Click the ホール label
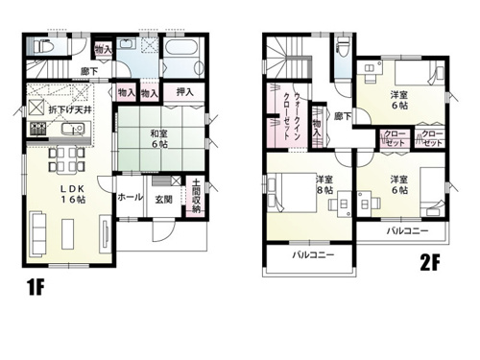point(130,198)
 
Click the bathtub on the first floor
point(180,48)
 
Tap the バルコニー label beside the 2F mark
point(408,231)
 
